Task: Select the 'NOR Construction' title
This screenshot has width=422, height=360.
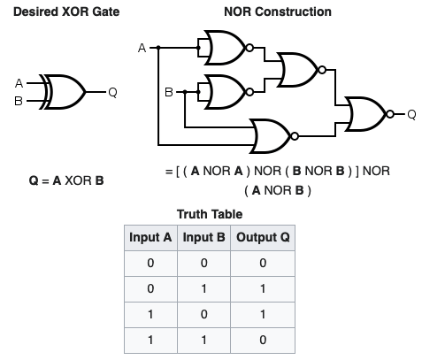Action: [x=279, y=11]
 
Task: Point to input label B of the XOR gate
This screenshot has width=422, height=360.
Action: [x=19, y=100]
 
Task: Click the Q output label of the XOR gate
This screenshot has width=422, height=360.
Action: [x=111, y=92]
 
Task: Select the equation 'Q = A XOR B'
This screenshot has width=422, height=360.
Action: [x=66, y=181]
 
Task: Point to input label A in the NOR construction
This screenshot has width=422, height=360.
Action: [x=142, y=49]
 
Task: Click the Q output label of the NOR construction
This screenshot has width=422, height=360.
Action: [x=411, y=113]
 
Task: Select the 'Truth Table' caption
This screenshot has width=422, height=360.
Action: [x=210, y=214]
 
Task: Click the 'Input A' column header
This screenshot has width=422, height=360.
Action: [x=150, y=238]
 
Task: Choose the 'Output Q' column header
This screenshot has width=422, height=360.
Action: [x=263, y=238]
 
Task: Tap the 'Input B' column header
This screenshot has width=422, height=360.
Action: [x=204, y=238]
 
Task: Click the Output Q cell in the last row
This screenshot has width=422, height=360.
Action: [x=263, y=340]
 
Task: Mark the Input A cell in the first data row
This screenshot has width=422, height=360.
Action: [x=150, y=264]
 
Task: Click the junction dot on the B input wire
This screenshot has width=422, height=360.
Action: [x=184, y=90]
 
